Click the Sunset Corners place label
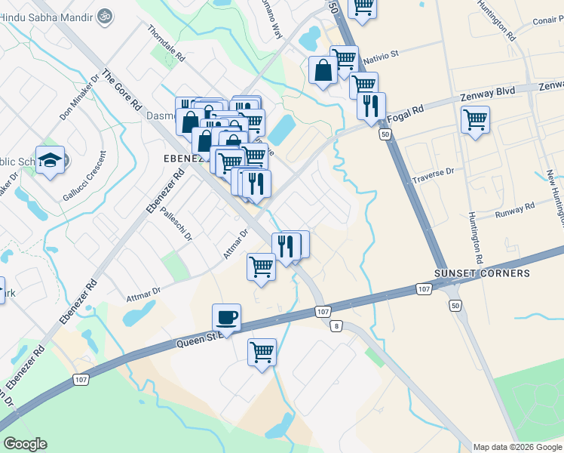tap(482, 273)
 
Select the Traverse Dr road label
tap(433, 176)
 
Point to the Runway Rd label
tap(515, 209)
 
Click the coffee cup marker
tap(226, 316)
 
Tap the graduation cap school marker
tap(51, 159)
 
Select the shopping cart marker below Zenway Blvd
tap(475, 119)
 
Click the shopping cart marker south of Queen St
tap(262, 352)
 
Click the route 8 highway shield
tap(336, 325)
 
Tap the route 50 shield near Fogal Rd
tap(385, 134)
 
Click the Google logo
tap(26, 444)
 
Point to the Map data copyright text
tap(517, 447)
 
